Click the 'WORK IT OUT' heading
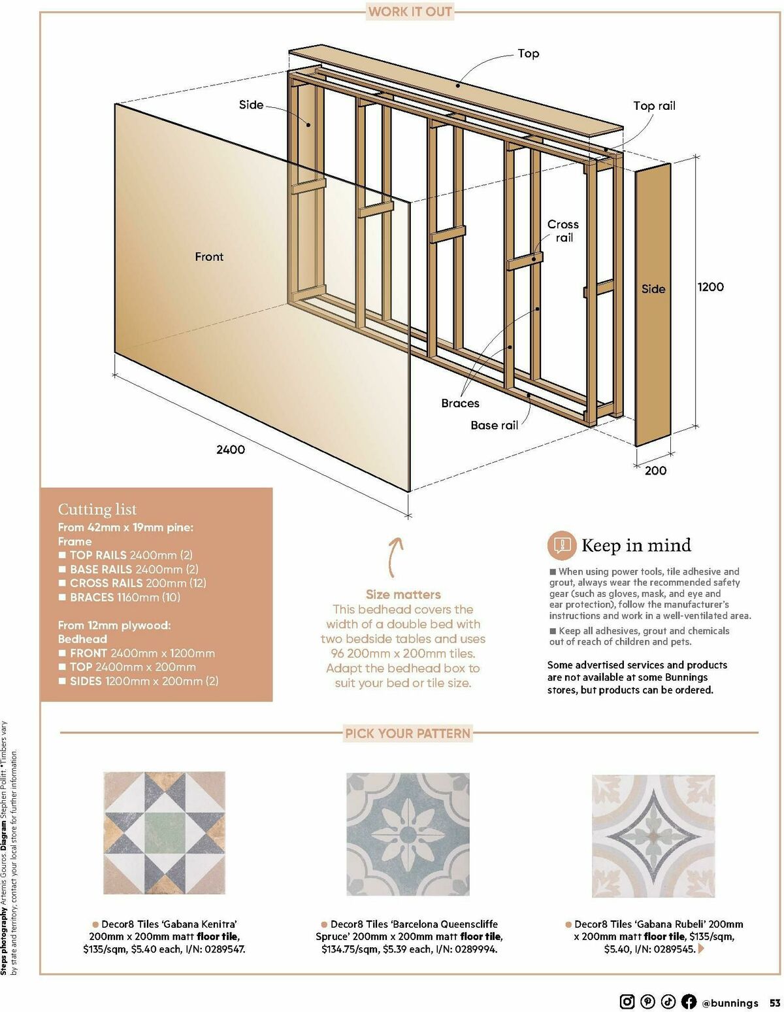(x=410, y=12)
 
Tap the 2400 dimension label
(x=231, y=450)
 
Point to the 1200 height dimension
(x=710, y=287)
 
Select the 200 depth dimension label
(x=655, y=471)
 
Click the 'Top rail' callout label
(x=653, y=106)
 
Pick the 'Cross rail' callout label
(x=563, y=231)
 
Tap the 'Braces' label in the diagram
(x=460, y=403)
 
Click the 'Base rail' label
(x=494, y=426)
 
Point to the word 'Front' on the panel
(x=209, y=257)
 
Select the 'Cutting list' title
(x=97, y=509)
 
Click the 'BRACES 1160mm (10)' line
(x=124, y=598)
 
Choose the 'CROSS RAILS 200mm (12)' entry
(x=137, y=583)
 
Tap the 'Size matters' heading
(x=403, y=595)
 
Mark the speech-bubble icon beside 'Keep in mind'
(x=561, y=545)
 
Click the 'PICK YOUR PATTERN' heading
(x=408, y=734)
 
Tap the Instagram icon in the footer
(x=627, y=1002)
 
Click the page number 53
(x=774, y=1003)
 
